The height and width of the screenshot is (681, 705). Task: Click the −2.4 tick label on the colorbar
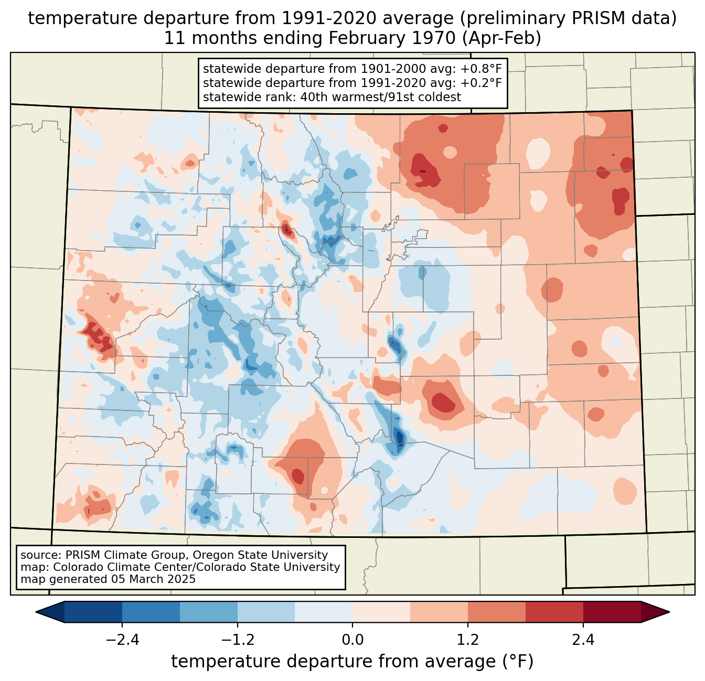tap(122, 640)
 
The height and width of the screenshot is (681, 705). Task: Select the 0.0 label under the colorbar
tap(352, 640)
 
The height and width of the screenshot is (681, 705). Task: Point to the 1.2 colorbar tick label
tap(468, 640)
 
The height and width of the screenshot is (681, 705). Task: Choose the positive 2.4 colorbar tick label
tap(583, 640)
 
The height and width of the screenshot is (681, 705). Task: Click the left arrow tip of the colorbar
tap(36, 612)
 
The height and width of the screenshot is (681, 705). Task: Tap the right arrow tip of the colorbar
tap(669, 612)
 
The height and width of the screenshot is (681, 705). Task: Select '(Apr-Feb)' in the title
tap(502, 38)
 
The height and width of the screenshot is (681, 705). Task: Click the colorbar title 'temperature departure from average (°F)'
tap(352, 661)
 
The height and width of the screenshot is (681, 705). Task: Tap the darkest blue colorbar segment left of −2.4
tap(93, 612)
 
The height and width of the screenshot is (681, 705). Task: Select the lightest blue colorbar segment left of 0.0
tap(324, 612)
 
